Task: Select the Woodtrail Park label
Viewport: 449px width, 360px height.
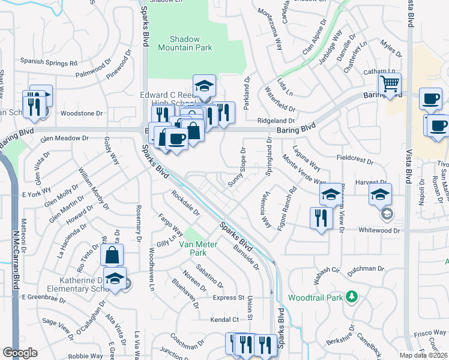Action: click(x=315, y=297)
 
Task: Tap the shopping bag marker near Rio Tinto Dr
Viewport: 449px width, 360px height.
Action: click(x=112, y=255)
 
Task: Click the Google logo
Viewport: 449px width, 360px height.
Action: click(x=20, y=353)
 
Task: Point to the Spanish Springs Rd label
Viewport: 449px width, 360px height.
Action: click(x=49, y=62)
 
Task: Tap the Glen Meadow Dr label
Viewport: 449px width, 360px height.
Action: click(x=64, y=138)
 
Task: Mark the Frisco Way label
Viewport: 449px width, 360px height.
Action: click(x=430, y=332)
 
